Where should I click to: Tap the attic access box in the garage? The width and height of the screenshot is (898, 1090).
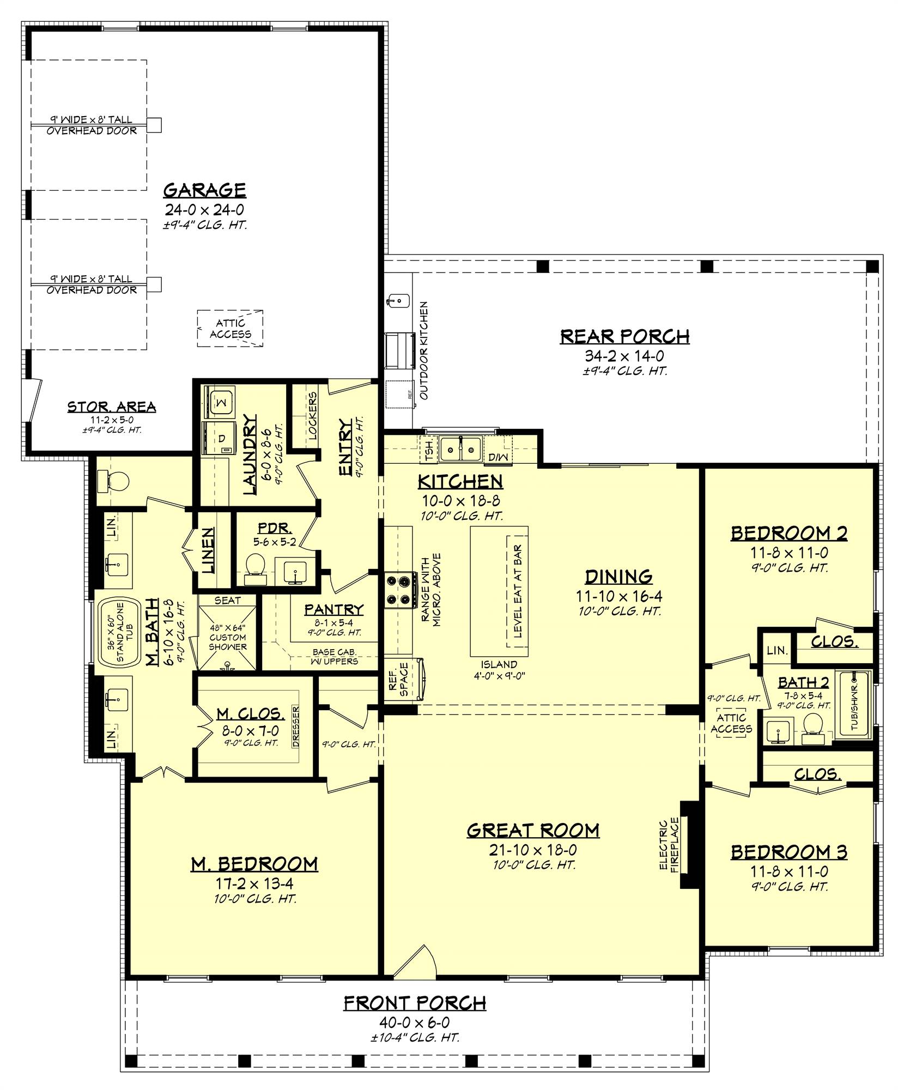(230, 329)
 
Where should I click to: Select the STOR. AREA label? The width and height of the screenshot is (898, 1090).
(112, 407)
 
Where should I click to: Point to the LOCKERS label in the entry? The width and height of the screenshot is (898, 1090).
(312, 416)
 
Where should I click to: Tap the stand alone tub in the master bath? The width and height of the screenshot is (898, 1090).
(118, 633)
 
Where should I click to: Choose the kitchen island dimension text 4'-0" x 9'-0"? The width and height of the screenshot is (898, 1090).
(499, 676)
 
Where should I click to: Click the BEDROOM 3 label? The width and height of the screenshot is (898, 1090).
(788, 851)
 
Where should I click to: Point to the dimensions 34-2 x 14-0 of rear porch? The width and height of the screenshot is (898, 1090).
(624, 356)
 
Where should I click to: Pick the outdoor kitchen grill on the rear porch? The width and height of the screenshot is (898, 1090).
(399, 347)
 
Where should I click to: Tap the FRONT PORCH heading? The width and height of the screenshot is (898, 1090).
(415, 1003)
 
